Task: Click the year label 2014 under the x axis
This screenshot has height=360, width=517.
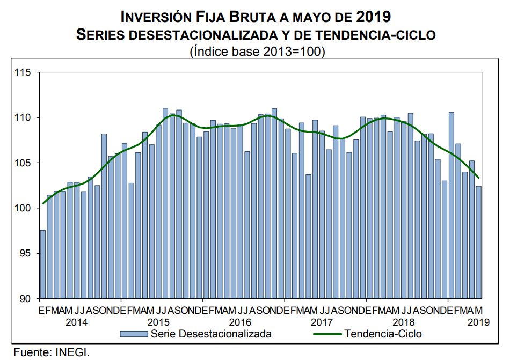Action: click(x=77, y=322)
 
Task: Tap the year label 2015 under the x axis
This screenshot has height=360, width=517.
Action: click(x=158, y=322)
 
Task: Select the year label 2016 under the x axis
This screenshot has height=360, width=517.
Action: click(x=240, y=322)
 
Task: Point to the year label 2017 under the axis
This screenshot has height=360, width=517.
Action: click(x=322, y=322)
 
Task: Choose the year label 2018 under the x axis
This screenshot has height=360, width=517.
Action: click(x=403, y=322)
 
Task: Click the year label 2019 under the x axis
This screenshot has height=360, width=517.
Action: click(x=478, y=322)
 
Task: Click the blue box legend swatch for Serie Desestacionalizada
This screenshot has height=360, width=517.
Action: click(x=134, y=334)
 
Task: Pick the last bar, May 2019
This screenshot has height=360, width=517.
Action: click(x=478, y=242)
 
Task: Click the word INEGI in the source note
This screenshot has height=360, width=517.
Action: click(x=72, y=352)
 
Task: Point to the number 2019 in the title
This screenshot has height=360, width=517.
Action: click(x=374, y=16)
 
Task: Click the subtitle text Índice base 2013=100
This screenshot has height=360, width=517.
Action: click(x=257, y=52)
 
